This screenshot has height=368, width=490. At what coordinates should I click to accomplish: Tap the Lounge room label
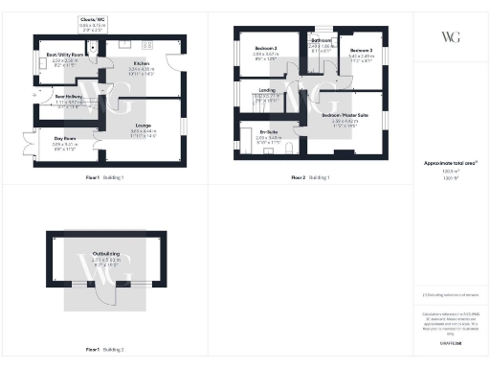[x=142, y=126]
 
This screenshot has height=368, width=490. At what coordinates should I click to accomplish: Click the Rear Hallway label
[x=66, y=97]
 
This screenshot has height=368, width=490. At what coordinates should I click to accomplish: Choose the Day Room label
[x=63, y=139]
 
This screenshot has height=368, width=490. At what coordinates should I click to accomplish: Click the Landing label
[x=267, y=91]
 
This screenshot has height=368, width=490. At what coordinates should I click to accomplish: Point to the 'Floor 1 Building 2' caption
[x=105, y=349]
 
